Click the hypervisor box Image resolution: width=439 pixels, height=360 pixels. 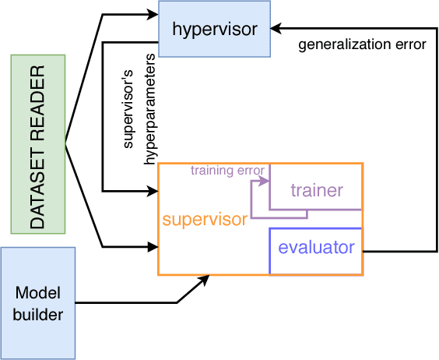[213, 29]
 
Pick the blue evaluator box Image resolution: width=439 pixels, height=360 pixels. [316, 249]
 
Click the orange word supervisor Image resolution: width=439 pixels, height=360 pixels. [204, 220]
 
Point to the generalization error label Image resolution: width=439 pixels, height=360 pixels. [362, 44]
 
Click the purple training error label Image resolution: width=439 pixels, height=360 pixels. [227, 170]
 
